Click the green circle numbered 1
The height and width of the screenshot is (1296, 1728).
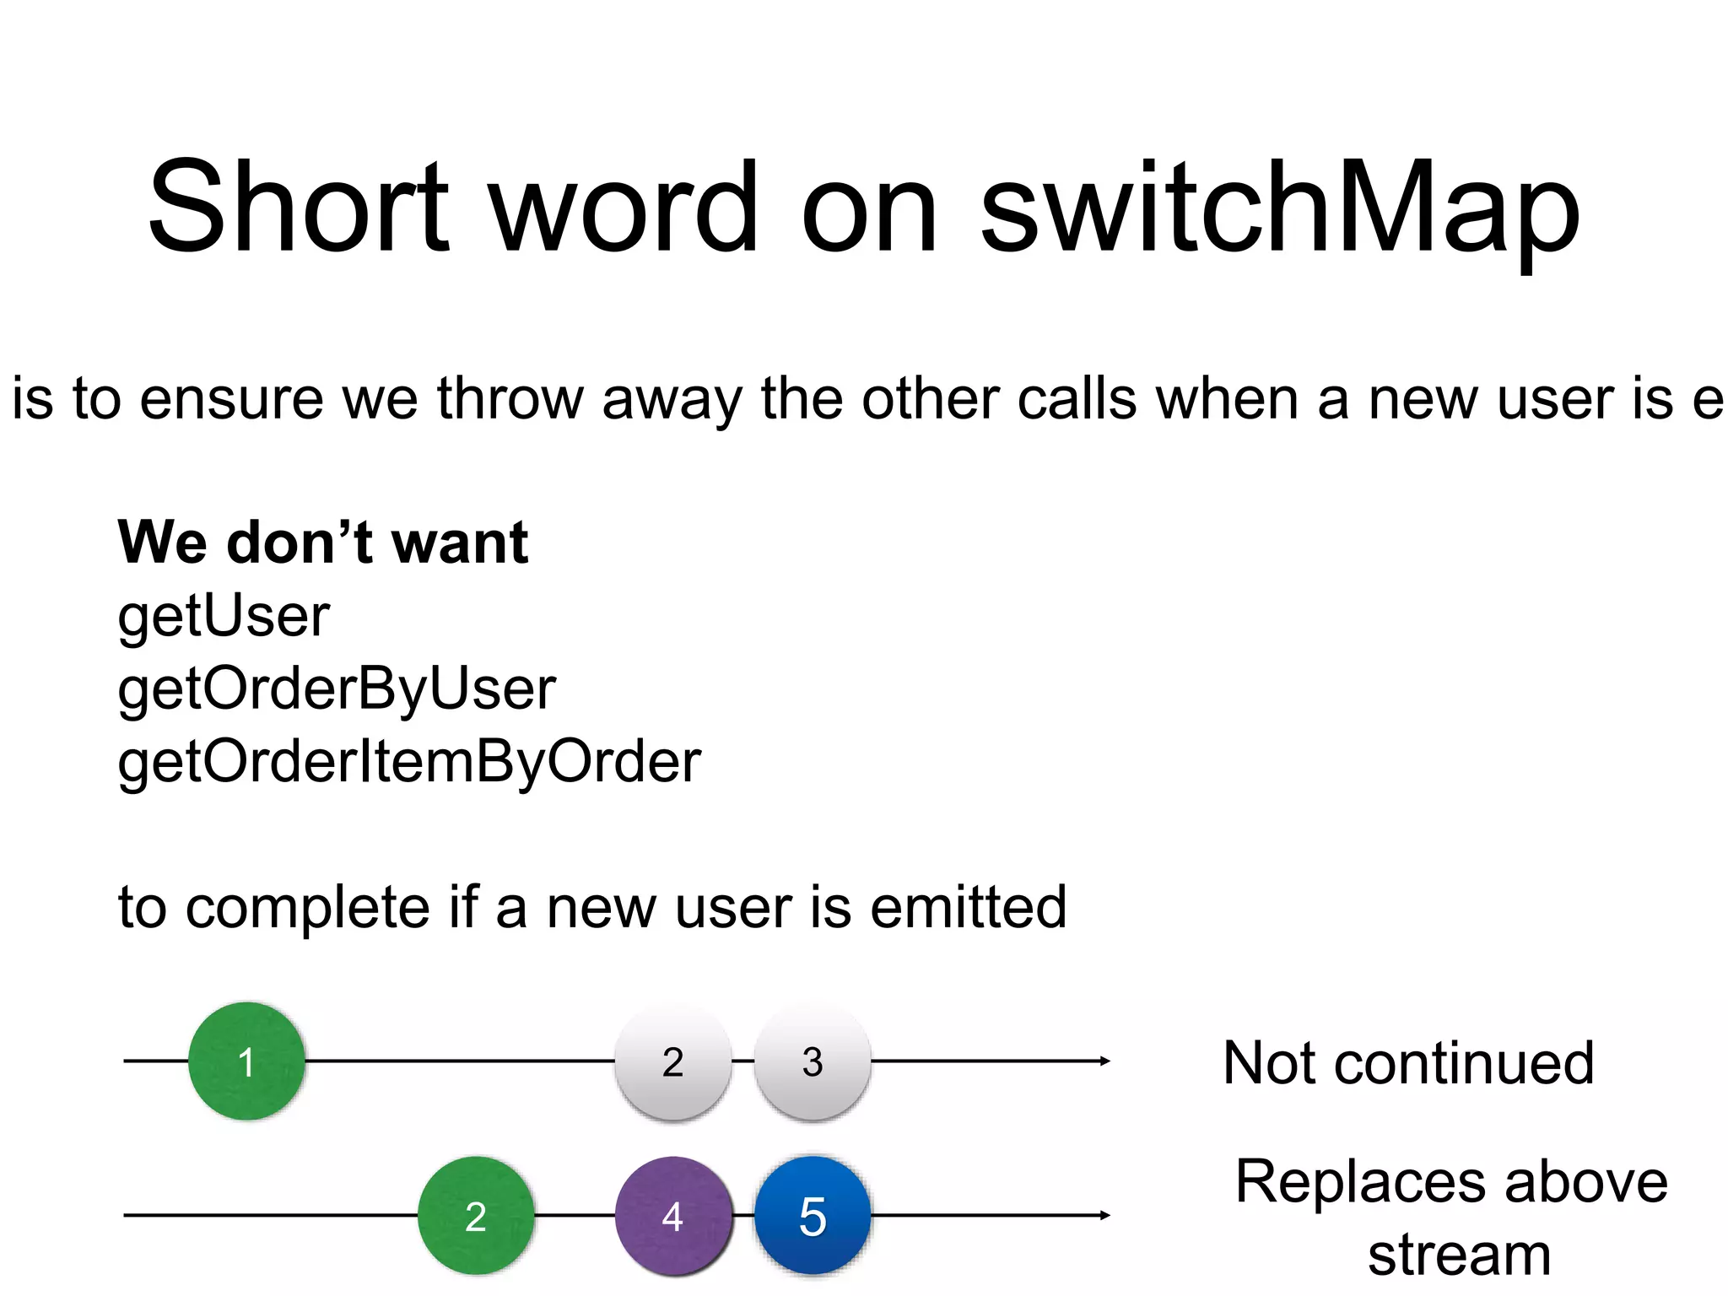pos(246,1061)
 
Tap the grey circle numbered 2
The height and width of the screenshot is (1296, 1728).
pos(672,1061)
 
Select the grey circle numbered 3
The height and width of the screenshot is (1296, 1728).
pos(812,1061)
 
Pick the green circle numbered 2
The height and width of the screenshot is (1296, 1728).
pos(476,1216)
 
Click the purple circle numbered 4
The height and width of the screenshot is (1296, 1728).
pos(672,1216)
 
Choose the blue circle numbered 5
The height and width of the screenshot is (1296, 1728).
pos(812,1216)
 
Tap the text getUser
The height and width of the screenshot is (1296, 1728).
pos(224,616)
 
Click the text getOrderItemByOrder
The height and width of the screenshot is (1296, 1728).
pos(409,763)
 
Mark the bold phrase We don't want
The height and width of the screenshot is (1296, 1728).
pos(323,542)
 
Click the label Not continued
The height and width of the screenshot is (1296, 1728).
pos(1408,1062)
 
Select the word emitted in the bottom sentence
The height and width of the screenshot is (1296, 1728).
pos(968,907)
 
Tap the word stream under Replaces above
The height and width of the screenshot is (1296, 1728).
pos(1459,1255)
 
